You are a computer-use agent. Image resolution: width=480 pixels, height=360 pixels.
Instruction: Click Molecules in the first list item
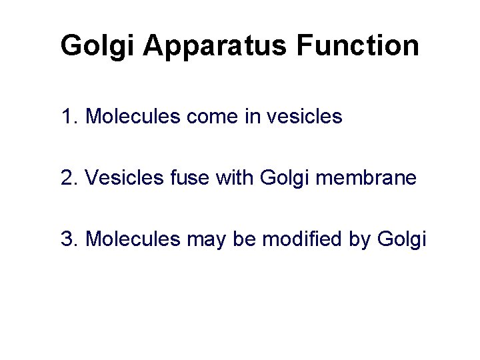(132, 117)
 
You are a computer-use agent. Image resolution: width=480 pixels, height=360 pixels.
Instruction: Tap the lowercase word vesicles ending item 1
(304, 117)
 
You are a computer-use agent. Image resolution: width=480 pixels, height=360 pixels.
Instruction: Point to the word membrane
(361, 178)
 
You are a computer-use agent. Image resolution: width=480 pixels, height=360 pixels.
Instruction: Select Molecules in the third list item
(132, 239)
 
